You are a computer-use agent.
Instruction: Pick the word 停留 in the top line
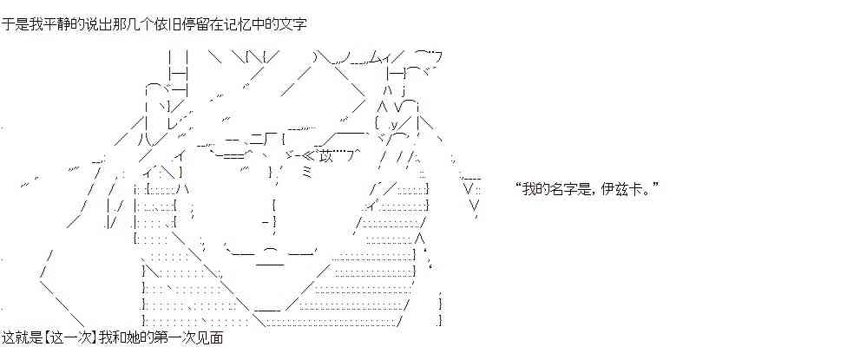(x=204, y=24)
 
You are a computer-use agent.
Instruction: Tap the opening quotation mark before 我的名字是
(x=518, y=187)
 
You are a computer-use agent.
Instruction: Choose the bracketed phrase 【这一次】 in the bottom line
(x=69, y=337)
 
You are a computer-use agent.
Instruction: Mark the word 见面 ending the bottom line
(x=209, y=337)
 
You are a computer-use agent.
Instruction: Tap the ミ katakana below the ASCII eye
(x=307, y=173)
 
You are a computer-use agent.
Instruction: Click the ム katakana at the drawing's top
(x=373, y=57)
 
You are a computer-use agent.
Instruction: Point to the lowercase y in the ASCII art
(x=394, y=125)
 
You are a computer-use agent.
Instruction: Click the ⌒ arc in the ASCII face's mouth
(x=271, y=251)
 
